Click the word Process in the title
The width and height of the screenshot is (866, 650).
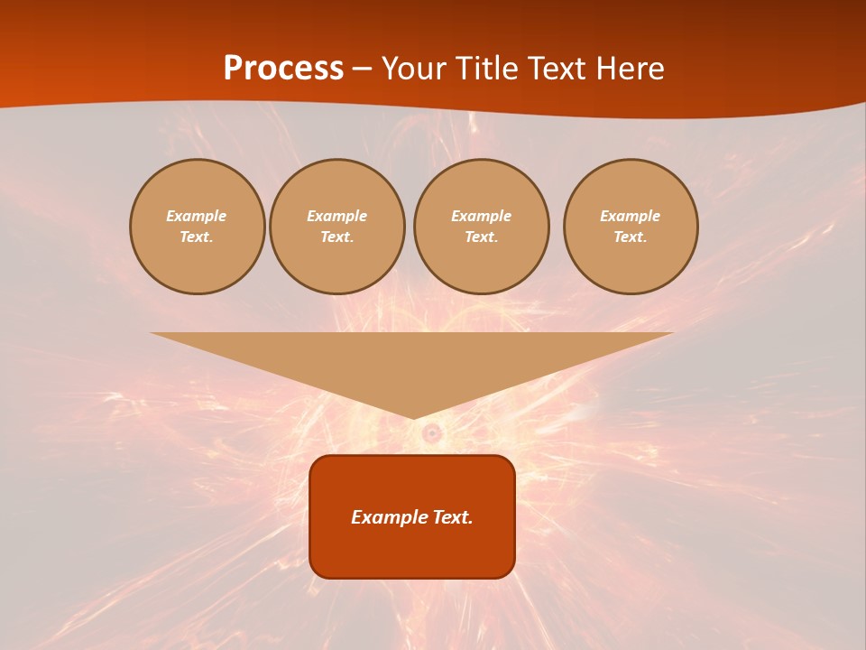(283, 69)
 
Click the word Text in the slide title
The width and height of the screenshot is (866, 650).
(557, 69)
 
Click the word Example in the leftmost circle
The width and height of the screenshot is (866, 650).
(197, 216)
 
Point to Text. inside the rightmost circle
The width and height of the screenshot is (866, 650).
(631, 237)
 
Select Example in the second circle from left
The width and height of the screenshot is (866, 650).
(337, 216)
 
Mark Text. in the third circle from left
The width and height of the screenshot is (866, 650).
(482, 237)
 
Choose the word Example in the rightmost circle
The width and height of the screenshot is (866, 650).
(631, 216)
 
